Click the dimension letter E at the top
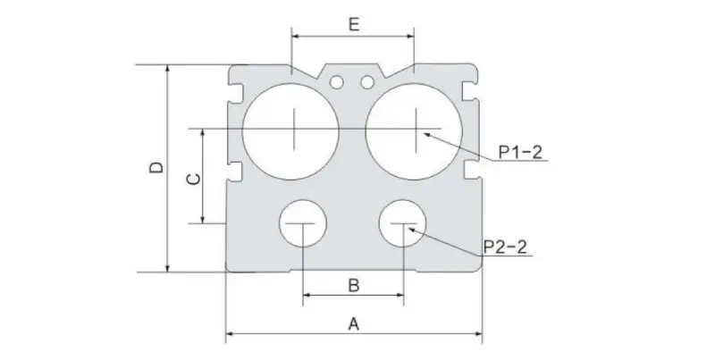[353, 24]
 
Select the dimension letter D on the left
[155, 168]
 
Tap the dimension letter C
[191, 179]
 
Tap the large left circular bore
[292, 130]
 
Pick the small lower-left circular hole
[304, 224]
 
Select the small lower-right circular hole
[404, 224]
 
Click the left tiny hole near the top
[336, 83]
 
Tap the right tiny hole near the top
[366, 83]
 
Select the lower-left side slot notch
[237, 169]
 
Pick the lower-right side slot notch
[471, 169]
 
